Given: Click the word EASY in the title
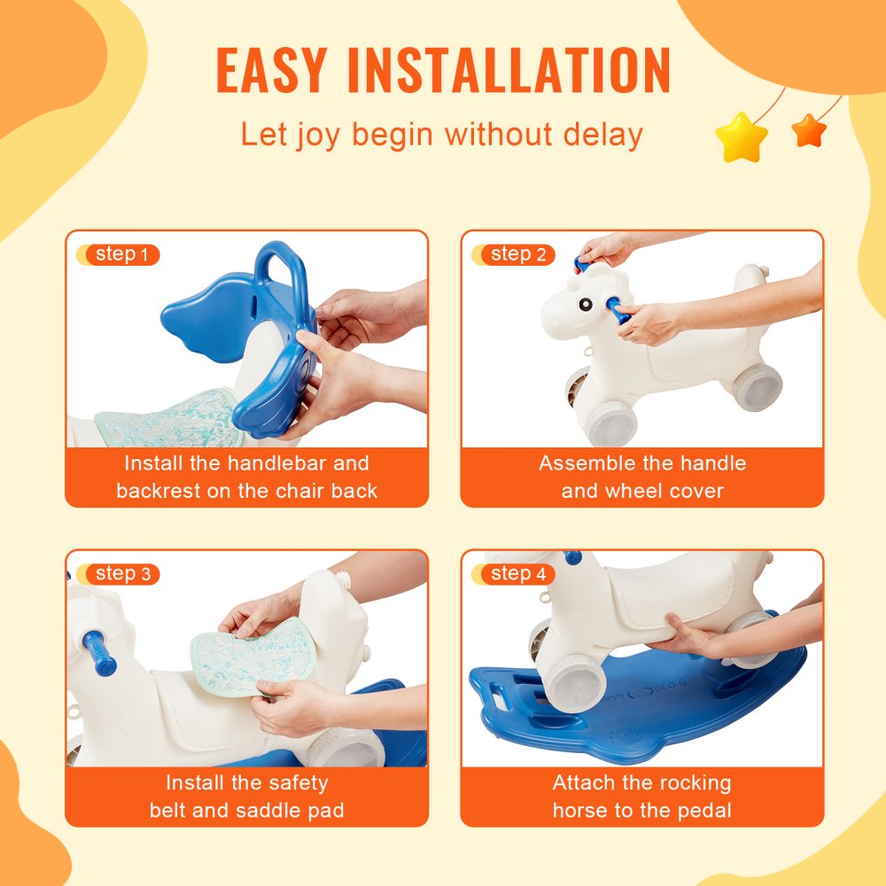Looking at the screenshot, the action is click(x=271, y=70).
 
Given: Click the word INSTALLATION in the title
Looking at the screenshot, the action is click(x=509, y=70).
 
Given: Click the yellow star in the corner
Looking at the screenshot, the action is click(x=741, y=137).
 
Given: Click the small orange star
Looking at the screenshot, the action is click(x=808, y=131).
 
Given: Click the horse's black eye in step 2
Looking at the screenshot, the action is click(x=586, y=304).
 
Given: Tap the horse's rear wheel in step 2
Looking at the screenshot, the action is click(x=756, y=387).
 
